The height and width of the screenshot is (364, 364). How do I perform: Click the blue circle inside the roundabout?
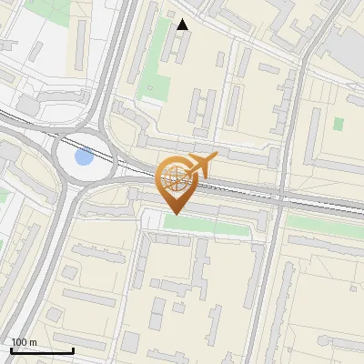click(84, 157)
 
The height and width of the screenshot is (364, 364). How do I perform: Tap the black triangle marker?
click(183, 25)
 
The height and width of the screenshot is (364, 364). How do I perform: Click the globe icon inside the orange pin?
click(174, 177)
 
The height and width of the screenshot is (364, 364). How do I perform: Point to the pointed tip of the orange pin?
click(174, 213)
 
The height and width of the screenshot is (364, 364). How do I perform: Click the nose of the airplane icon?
click(216, 157)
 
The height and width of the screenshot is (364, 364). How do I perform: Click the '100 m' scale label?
click(24, 342)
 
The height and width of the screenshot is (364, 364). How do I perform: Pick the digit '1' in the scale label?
click(14, 342)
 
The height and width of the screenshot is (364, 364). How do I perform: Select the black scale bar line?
click(42, 350)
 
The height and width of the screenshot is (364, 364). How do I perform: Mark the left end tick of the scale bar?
click(11, 349)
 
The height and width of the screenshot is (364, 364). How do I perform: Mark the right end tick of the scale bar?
click(74, 349)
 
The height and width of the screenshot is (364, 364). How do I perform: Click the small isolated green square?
click(339, 124)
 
